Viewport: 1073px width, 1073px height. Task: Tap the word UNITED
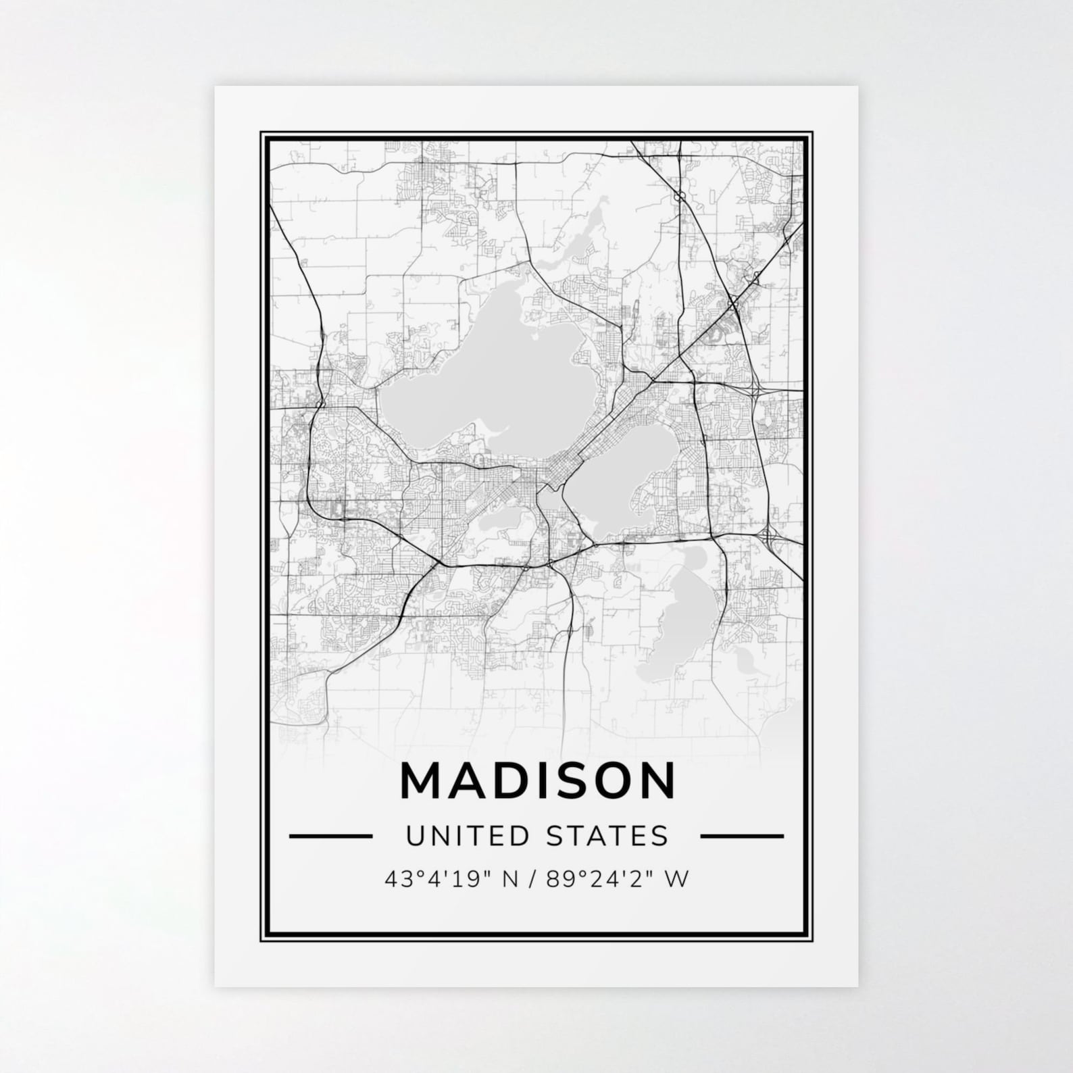[x=459, y=836]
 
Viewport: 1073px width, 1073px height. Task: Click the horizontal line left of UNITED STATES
[x=330, y=836]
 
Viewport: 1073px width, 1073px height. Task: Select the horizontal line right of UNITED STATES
[x=742, y=836]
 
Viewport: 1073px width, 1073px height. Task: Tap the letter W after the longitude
[x=678, y=878]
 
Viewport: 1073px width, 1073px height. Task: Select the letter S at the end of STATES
[x=660, y=836]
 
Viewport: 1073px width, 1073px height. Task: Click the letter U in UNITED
[x=414, y=836]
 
